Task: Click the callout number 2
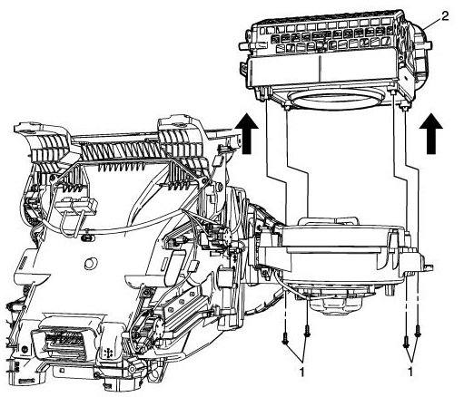point(444,16)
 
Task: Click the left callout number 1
point(301,372)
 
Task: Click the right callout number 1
point(410,372)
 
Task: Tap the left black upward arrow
point(248,133)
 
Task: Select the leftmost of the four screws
point(285,337)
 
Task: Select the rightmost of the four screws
point(418,333)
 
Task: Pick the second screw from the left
point(308,331)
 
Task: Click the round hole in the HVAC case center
point(90,264)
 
